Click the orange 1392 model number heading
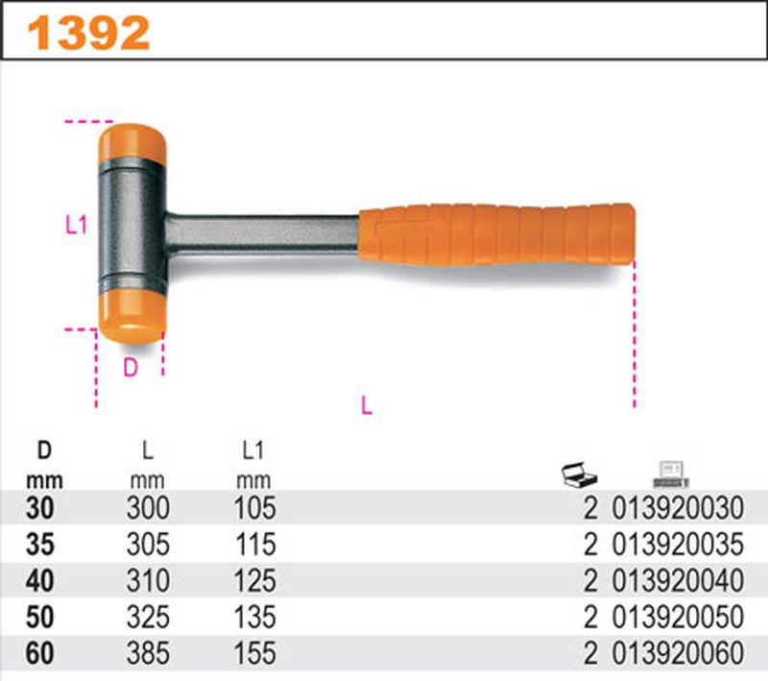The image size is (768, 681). tap(88, 33)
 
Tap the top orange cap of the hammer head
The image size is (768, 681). tap(132, 141)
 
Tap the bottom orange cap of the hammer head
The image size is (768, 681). tap(132, 314)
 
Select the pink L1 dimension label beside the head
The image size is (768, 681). tap(76, 226)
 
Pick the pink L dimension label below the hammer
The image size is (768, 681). tap(365, 405)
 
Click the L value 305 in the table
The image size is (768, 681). tap(148, 545)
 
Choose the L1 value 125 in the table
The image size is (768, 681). tap(255, 581)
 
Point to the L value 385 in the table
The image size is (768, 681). tap(148, 654)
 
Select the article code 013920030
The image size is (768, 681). tap(677, 508)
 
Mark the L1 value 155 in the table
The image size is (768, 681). tap(255, 654)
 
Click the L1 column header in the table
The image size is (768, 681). tap(254, 449)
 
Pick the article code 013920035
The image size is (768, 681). tap(677, 545)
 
